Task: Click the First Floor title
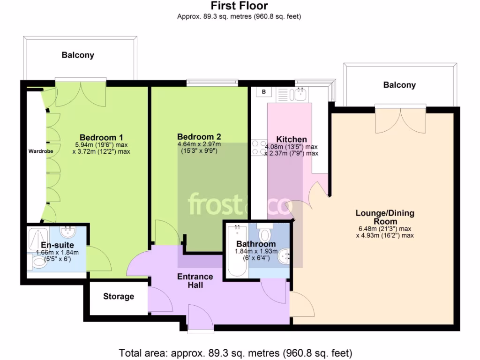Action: point(239,6)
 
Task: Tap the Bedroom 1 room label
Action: point(101,137)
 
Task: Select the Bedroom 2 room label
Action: point(199,137)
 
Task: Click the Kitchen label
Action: point(292,139)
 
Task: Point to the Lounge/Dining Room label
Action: point(385,217)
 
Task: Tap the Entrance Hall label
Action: point(195,280)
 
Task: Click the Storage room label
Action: point(119,296)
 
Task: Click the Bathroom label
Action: point(255,244)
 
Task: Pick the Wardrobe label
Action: point(40,151)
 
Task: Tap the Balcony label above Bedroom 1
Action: point(78,55)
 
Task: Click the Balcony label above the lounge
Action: point(399,85)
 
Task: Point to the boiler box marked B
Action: point(264,92)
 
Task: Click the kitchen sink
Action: point(299,94)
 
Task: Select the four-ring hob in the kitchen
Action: point(259,148)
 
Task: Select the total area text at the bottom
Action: point(235,352)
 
